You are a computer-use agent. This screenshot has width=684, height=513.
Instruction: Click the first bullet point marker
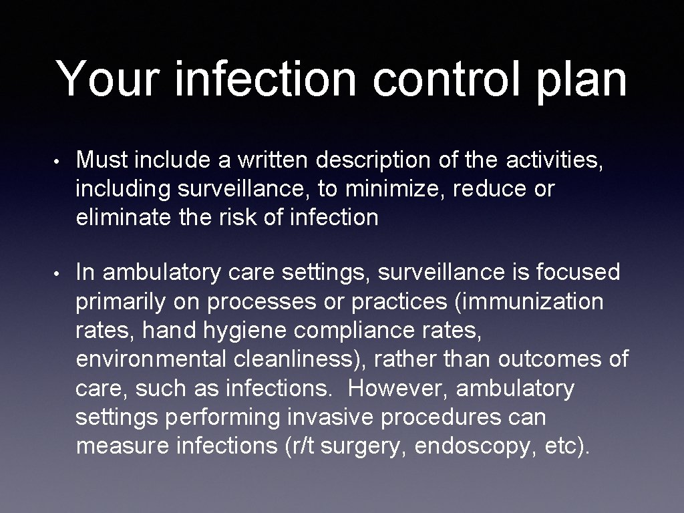click(x=60, y=161)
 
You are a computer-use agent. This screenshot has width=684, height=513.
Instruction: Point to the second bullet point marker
click(x=60, y=273)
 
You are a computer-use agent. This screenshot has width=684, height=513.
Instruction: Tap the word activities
click(x=554, y=160)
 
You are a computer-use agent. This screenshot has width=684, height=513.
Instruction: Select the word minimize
click(x=394, y=189)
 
